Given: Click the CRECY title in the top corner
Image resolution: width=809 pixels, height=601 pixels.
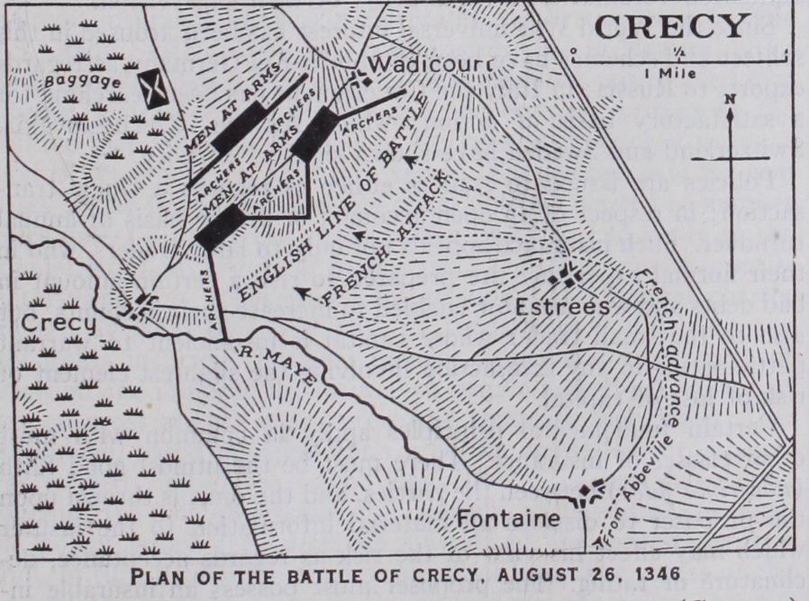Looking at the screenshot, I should tap(671, 26).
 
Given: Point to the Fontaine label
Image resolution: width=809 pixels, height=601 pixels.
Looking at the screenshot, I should tap(508, 519).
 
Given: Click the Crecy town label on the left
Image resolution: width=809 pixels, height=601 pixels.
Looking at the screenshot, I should tap(59, 322).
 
